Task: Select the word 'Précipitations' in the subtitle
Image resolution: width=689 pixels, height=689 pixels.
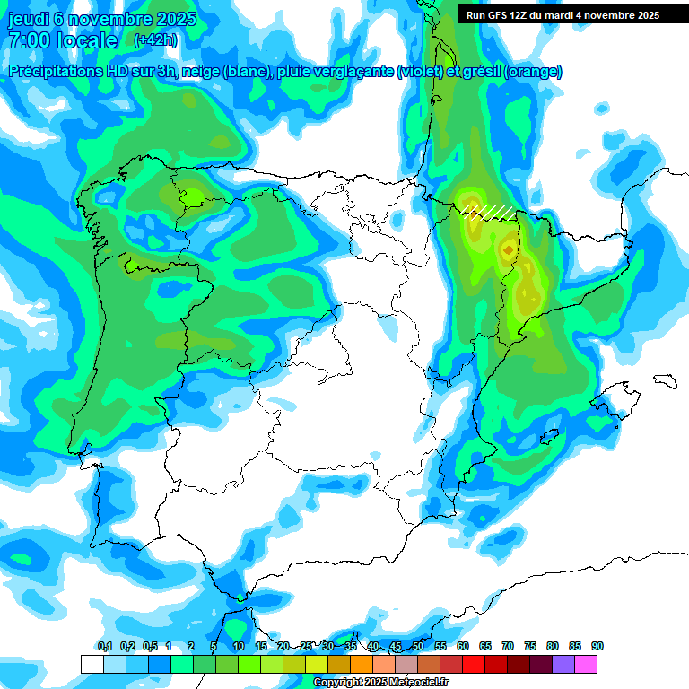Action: [53, 72]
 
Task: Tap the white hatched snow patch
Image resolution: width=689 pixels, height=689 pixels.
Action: [490, 212]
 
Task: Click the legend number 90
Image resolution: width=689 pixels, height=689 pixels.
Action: [597, 646]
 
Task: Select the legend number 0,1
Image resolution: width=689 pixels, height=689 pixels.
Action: [104, 646]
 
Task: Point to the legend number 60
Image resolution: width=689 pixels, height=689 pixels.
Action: [463, 646]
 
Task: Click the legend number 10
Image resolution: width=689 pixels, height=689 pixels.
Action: [239, 646]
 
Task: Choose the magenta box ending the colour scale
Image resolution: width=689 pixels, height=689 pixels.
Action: [586, 664]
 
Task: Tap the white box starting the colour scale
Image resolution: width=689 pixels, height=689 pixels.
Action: [92, 664]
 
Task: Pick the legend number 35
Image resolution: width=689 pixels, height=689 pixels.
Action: [351, 646]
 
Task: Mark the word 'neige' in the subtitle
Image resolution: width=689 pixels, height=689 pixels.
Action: [199, 72]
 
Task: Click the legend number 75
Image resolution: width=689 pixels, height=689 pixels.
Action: [530, 646]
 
